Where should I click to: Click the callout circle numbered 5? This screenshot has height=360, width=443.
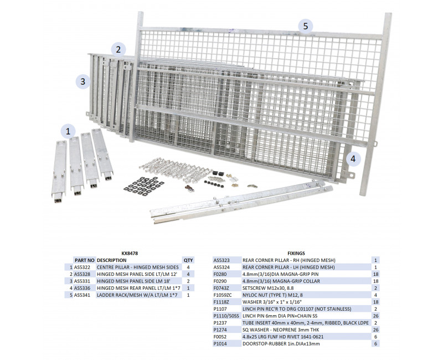(x=306, y=26)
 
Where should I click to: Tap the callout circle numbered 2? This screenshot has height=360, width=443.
(x=119, y=49)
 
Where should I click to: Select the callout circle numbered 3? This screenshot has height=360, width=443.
(x=83, y=81)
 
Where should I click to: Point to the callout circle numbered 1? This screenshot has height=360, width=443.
(x=68, y=131)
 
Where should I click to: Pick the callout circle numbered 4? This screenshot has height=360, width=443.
(x=353, y=158)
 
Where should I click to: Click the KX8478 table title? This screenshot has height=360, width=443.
(x=130, y=254)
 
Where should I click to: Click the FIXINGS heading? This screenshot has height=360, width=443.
(x=296, y=254)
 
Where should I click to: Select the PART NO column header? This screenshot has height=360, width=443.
(x=85, y=260)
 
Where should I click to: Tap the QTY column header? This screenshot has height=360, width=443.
(x=188, y=260)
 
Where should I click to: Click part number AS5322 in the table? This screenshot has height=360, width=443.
(x=82, y=268)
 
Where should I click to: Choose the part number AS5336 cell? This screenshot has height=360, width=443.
(x=82, y=288)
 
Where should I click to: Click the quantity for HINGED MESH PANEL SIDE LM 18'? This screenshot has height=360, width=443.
(x=188, y=281)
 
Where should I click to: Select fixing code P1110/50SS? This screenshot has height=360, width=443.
(x=226, y=316)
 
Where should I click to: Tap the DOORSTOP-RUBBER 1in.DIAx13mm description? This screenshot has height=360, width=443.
(x=281, y=344)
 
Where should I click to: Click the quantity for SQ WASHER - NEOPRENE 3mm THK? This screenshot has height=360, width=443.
(x=376, y=330)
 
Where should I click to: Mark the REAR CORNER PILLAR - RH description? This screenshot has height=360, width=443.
(x=289, y=260)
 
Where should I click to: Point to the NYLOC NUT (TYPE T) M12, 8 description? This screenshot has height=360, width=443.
(x=272, y=295)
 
